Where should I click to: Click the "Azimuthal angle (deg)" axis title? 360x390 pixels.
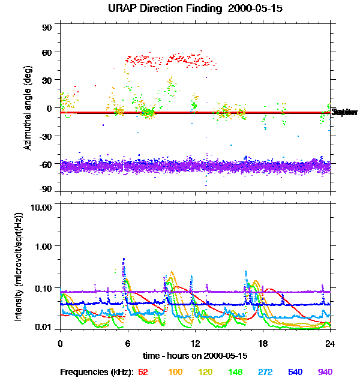28,109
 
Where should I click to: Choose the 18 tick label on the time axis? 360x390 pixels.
262,344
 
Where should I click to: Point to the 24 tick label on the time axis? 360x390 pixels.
330,344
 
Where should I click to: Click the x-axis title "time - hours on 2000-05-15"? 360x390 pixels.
195,356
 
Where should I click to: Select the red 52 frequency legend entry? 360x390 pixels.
143,373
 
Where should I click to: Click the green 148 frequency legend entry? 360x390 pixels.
235,373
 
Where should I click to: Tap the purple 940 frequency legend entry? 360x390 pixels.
325,373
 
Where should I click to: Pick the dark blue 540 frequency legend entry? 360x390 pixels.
295,373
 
